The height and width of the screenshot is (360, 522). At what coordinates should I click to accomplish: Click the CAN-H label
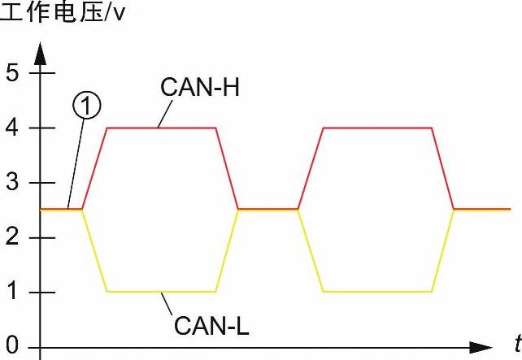200,87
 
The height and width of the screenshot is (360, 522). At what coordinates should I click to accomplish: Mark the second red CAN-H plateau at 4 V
377,128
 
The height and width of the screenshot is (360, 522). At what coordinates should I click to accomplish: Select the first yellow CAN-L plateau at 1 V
161,291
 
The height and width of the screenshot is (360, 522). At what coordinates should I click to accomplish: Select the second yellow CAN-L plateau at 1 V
377,291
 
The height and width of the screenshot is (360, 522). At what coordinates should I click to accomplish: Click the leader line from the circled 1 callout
76,163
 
